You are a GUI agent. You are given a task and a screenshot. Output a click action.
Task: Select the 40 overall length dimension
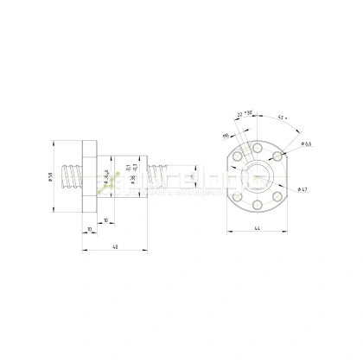click(115, 248)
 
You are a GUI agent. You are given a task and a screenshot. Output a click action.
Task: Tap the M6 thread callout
click(226, 135)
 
